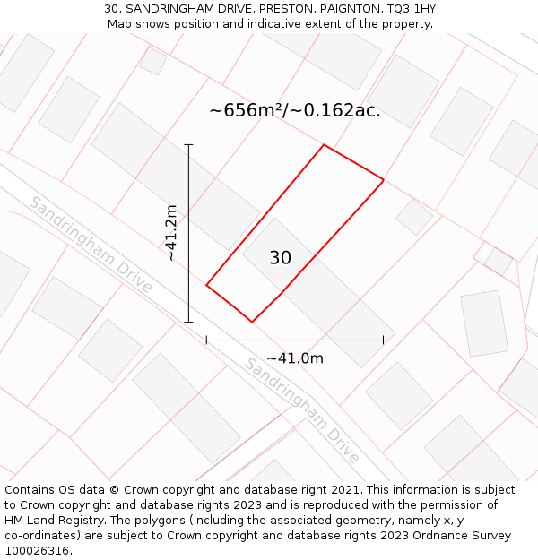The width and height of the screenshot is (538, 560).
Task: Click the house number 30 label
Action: click(x=280, y=258)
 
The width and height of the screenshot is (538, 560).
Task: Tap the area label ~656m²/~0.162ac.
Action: click(x=295, y=110)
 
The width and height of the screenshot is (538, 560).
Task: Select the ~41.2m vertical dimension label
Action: click(x=171, y=233)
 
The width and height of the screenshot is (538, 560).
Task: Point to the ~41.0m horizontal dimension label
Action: click(x=294, y=358)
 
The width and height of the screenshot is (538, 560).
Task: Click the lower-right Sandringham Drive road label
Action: click(x=302, y=410)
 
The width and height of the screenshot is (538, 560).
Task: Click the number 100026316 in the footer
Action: click(x=36, y=551)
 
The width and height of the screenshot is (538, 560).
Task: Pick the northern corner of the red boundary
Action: click(x=324, y=145)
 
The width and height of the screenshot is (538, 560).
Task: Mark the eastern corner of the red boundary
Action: click(x=384, y=181)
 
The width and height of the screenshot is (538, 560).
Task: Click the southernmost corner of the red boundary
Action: click(x=252, y=322)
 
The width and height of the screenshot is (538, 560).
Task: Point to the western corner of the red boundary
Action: click(x=206, y=286)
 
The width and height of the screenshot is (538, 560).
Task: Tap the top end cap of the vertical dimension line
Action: click(x=188, y=144)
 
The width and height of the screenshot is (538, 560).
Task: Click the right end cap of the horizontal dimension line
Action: click(x=384, y=340)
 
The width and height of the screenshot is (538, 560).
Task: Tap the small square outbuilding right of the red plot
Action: click(x=414, y=217)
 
